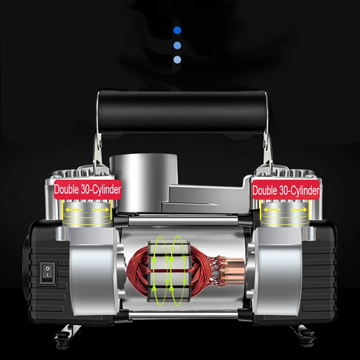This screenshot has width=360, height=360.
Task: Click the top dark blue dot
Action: click(177, 30)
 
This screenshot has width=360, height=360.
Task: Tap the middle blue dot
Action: click(177, 45)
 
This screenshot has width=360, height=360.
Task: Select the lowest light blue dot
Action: click(177, 59)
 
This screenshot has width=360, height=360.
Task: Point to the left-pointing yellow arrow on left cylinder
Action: click(73, 209)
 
